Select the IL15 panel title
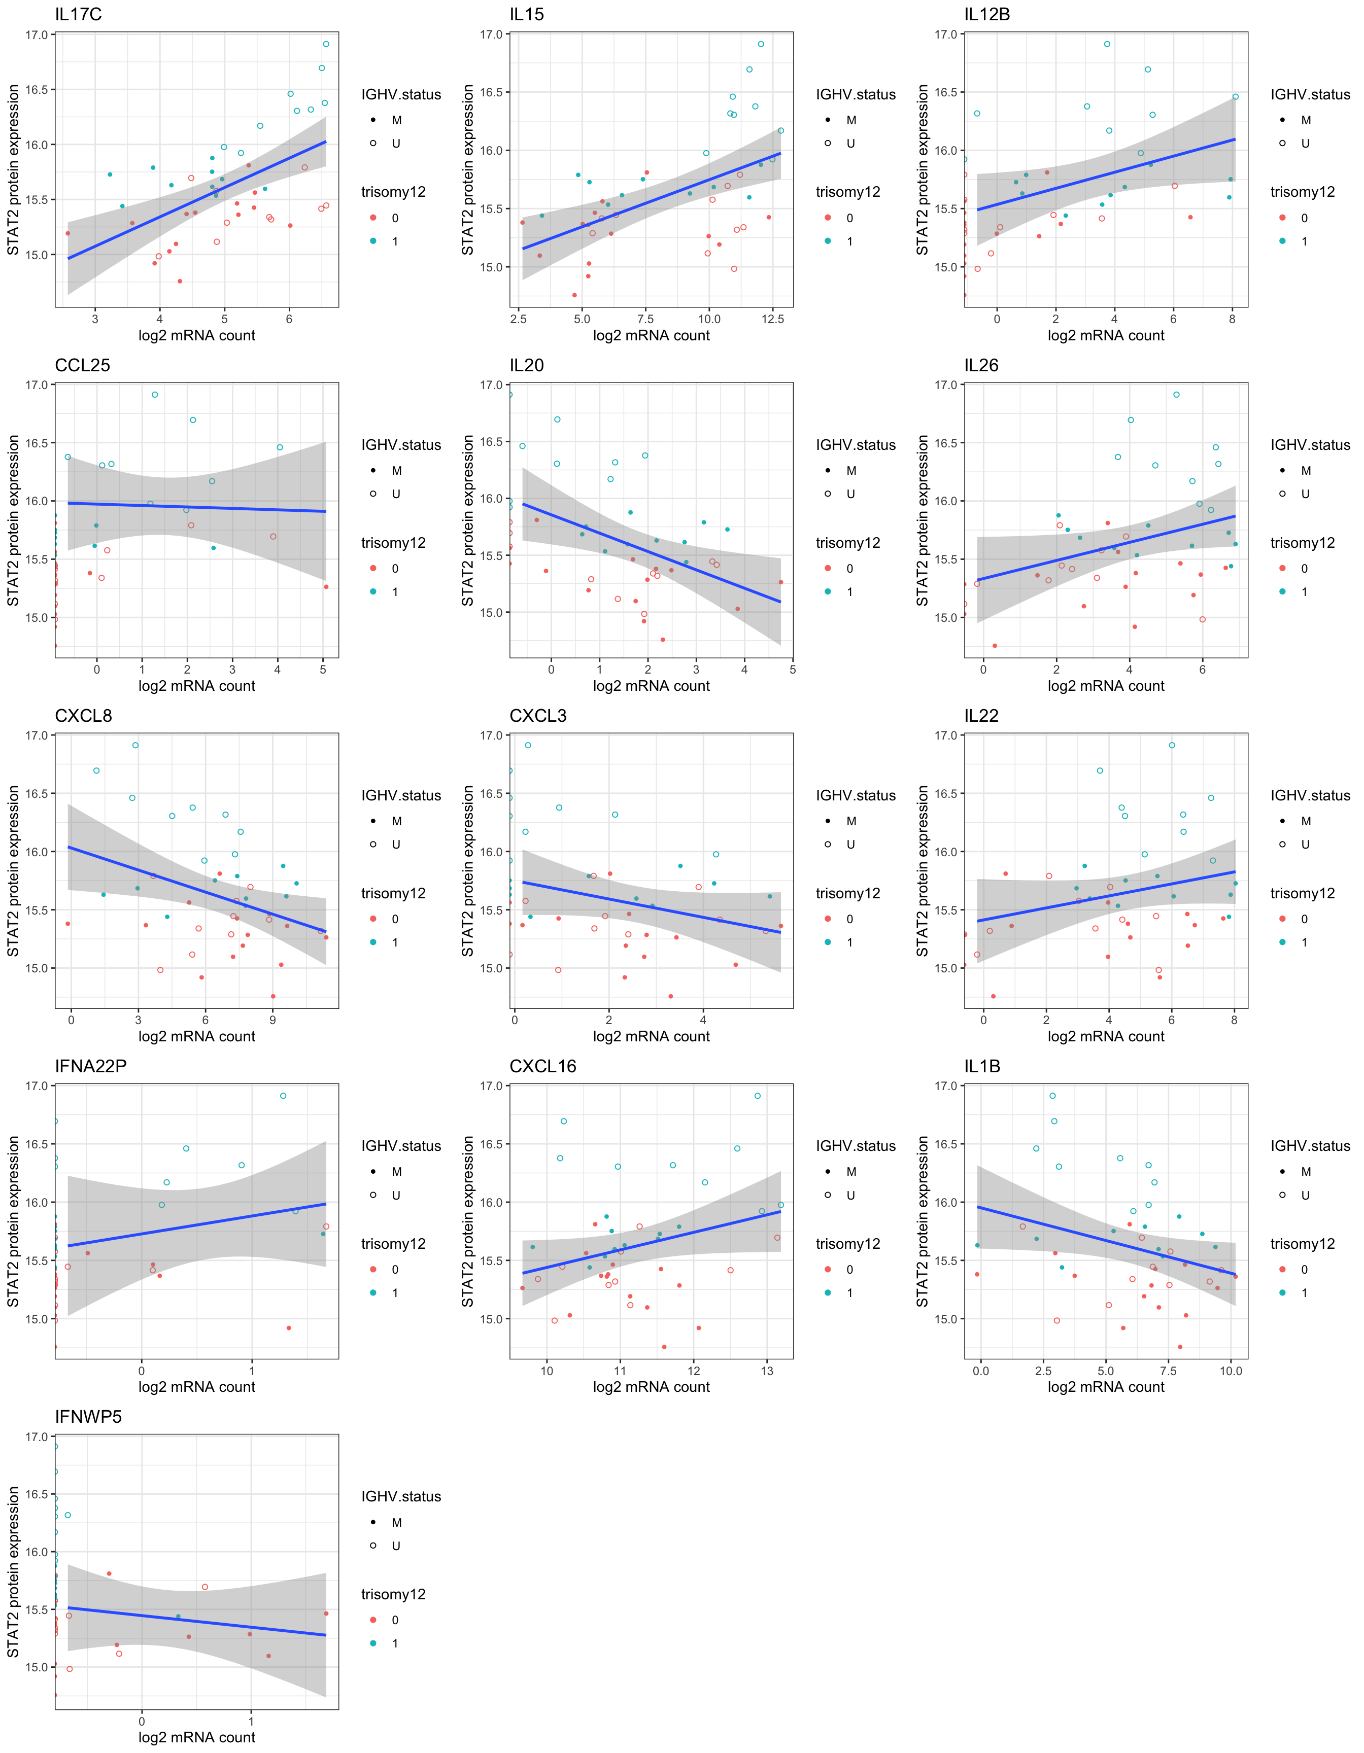[x=527, y=14]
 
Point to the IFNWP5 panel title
[x=88, y=1417]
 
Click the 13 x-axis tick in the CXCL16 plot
[x=767, y=1371]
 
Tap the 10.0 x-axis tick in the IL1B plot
[x=1230, y=1371]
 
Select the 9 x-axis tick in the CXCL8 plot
[x=273, y=1020]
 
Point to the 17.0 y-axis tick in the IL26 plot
[x=946, y=385]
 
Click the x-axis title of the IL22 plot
[x=1106, y=1036]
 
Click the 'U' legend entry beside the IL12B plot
[x=1306, y=144]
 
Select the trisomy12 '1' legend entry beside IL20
[x=849, y=591]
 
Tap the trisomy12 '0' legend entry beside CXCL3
[x=849, y=919]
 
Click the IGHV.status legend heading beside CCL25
[x=400, y=445]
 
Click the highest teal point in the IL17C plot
[x=326, y=44]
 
